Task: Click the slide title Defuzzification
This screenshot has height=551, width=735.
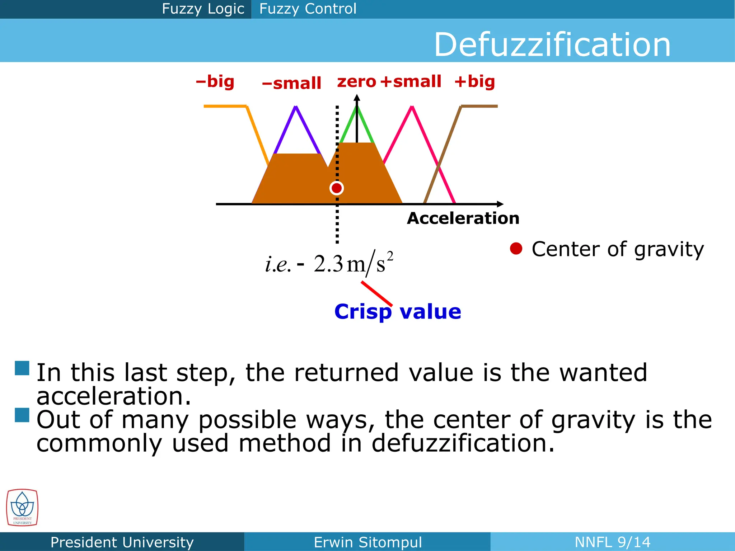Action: pyautogui.click(x=552, y=44)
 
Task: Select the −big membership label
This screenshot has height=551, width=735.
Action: pyautogui.click(x=215, y=82)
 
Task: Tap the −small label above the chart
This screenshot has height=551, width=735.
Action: pyautogui.click(x=291, y=84)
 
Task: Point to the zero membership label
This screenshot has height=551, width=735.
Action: pyautogui.click(x=356, y=82)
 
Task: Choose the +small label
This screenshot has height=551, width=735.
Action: pyautogui.click(x=411, y=82)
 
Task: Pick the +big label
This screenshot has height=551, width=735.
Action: pyautogui.click(x=474, y=82)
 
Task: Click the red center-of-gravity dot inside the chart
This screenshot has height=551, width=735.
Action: pyautogui.click(x=337, y=188)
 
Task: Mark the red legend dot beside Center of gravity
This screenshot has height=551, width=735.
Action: pyautogui.click(x=516, y=249)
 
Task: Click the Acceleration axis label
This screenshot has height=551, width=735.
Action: pyautogui.click(x=463, y=218)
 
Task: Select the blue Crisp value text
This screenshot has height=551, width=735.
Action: pyautogui.click(x=398, y=311)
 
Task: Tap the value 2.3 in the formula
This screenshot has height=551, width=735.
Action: pyautogui.click(x=328, y=264)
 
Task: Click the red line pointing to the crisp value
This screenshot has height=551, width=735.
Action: pyautogui.click(x=376, y=293)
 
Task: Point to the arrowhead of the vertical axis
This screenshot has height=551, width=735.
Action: pyautogui.click(x=357, y=98)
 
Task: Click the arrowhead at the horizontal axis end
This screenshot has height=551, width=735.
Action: pyautogui.click(x=500, y=204)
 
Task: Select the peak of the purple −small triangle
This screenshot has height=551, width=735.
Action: pyautogui.click(x=296, y=107)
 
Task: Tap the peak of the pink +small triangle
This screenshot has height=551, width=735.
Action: pyautogui.click(x=412, y=107)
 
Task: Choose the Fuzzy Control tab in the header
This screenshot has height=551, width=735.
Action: pyautogui.click(x=308, y=9)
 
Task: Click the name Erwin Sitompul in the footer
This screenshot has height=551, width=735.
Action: pyautogui.click(x=367, y=542)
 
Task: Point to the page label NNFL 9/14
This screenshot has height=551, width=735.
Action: pyautogui.click(x=612, y=542)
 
